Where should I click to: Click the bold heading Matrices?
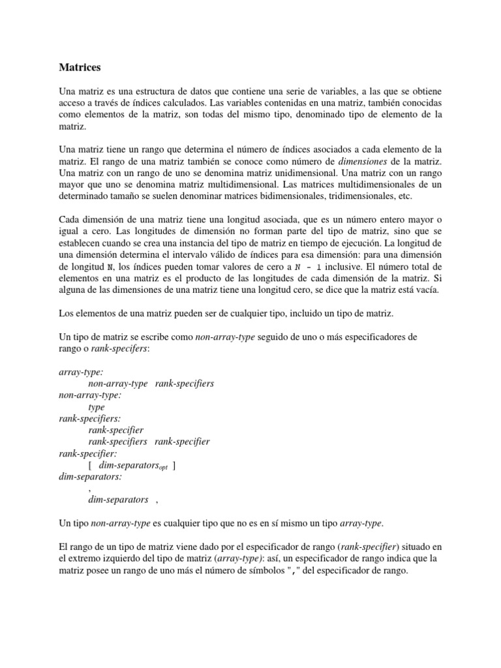(80, 67)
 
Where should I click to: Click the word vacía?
(426, 290)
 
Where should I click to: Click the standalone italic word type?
(97, 407)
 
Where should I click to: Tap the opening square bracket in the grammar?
(90, 465)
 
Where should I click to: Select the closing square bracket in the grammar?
(174, 465)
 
